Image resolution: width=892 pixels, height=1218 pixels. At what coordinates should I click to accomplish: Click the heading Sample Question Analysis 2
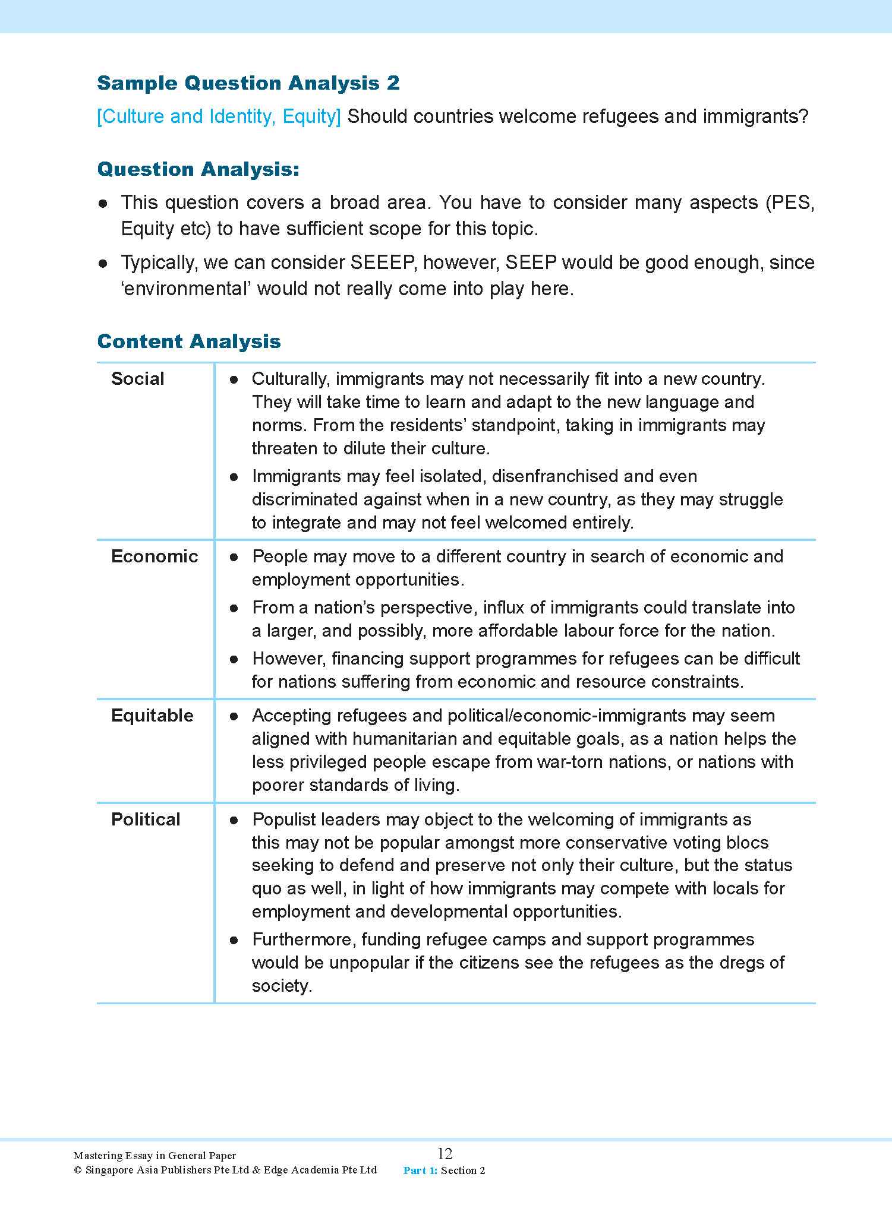point(248,83)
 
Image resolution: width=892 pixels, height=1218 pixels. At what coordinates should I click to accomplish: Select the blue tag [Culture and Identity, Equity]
point(219,116)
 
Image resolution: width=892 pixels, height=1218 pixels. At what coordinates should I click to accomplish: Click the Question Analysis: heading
point(198,170)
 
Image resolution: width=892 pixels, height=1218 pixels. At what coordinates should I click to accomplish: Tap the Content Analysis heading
point(188,341)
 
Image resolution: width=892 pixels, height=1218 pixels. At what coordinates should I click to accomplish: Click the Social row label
point(137,379)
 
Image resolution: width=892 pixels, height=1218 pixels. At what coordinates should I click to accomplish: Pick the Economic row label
point(154,556)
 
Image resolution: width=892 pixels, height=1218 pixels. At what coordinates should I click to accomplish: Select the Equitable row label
point(152,716)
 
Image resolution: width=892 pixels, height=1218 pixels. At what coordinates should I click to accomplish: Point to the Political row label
point(146,820)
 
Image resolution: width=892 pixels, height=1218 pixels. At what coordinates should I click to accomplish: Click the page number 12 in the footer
point(445,1153)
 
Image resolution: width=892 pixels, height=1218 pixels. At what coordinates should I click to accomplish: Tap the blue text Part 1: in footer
point(420,1170)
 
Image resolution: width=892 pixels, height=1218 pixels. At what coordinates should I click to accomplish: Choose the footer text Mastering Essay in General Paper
point(155,1156)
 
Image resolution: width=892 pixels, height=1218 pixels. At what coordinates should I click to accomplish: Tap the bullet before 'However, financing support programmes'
point(234,659)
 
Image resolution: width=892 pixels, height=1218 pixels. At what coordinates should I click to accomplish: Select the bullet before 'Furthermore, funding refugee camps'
point(234,940)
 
